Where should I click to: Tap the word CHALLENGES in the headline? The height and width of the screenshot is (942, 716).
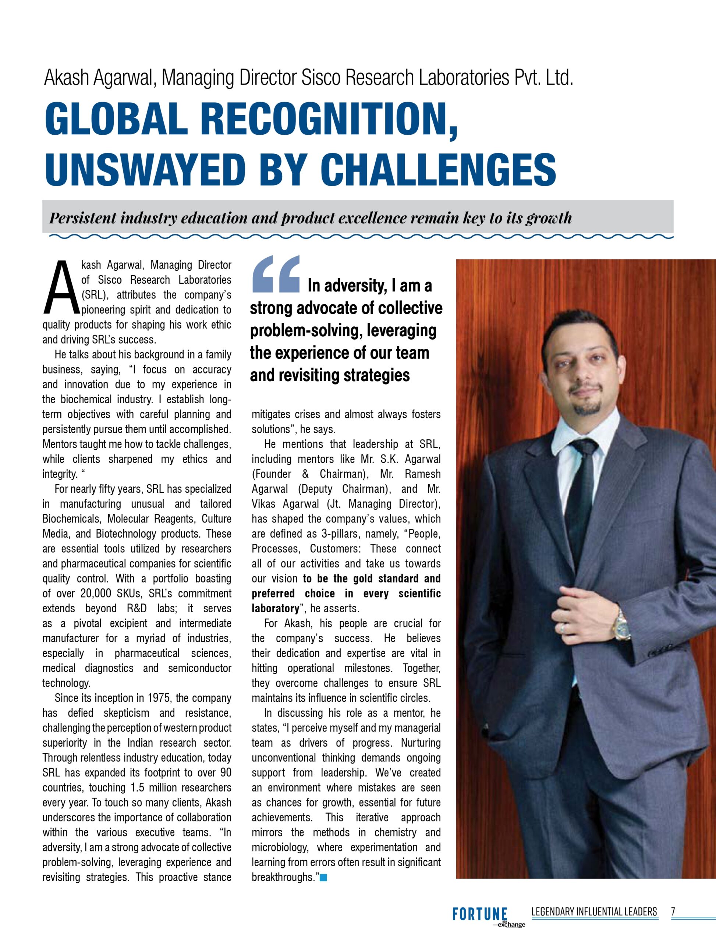click(x=442, y=170)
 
